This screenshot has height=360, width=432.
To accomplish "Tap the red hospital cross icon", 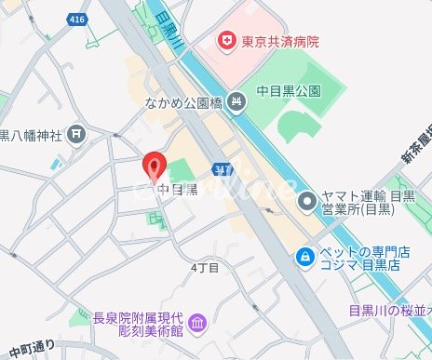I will pyautogui.click(x=224, y=40).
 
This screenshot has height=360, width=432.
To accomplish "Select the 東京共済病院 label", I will pyautogui.click(x=280, y=41).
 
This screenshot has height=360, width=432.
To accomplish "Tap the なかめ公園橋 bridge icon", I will pyautogui.click(x=236, y=100).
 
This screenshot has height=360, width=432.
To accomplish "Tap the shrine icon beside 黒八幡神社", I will pyautogui.click(x=75, y=136).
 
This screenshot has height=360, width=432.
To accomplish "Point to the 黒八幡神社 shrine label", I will pyautogui.click(x=32, y=136).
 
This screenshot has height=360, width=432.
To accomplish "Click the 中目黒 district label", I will pyautogui.click(x=178, y=191).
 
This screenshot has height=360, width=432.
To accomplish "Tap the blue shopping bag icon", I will pyautogui.click(x=304, y=256).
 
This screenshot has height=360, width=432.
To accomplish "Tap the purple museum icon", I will pyautogui.click(x=197, y=323).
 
